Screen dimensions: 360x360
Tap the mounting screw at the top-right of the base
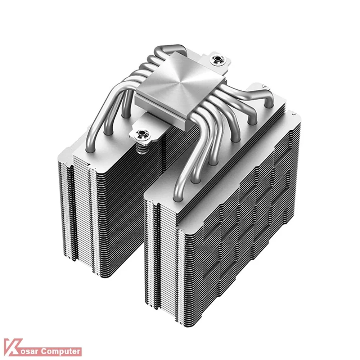pos(216,59)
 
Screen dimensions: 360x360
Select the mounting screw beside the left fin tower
pos(141,134)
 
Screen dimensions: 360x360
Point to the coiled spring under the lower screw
pos(141,146)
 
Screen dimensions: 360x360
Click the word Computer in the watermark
pos(60,351)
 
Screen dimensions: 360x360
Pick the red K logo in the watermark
pos(13,347)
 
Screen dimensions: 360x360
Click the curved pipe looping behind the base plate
pos(170,50)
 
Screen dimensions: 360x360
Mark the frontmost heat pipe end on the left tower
pos(90,150)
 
